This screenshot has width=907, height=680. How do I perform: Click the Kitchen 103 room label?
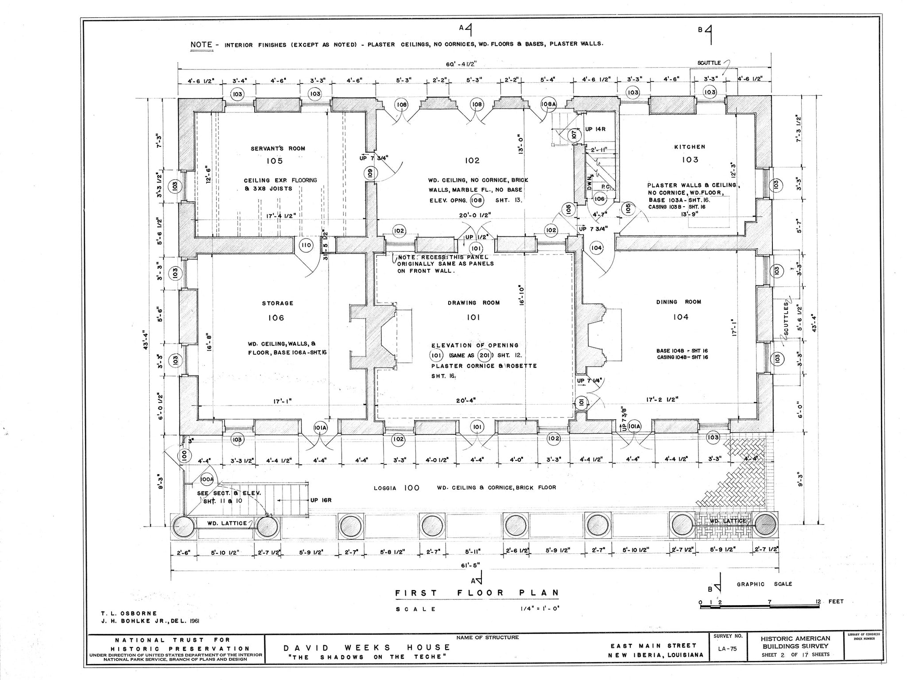click(x=690, y=153)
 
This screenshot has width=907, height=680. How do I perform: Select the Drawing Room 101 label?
click(x=473, y=310)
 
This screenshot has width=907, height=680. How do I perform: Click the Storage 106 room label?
click(x=277, y=310)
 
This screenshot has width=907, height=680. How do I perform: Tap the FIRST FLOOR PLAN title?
click(x=477, y=593)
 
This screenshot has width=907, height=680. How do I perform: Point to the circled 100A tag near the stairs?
click(x=207, y=479)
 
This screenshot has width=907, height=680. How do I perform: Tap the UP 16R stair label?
click(x=321, y=500)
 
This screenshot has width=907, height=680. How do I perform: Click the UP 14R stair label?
click(x=595, y=129)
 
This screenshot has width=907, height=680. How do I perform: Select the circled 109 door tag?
click(x=370, y=173)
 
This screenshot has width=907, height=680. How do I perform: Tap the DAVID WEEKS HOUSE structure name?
click(x=366, y=648)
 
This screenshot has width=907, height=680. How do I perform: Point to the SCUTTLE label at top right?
click(x=709, y=63)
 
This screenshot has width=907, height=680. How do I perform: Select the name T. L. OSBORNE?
click(x=129, y=613)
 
